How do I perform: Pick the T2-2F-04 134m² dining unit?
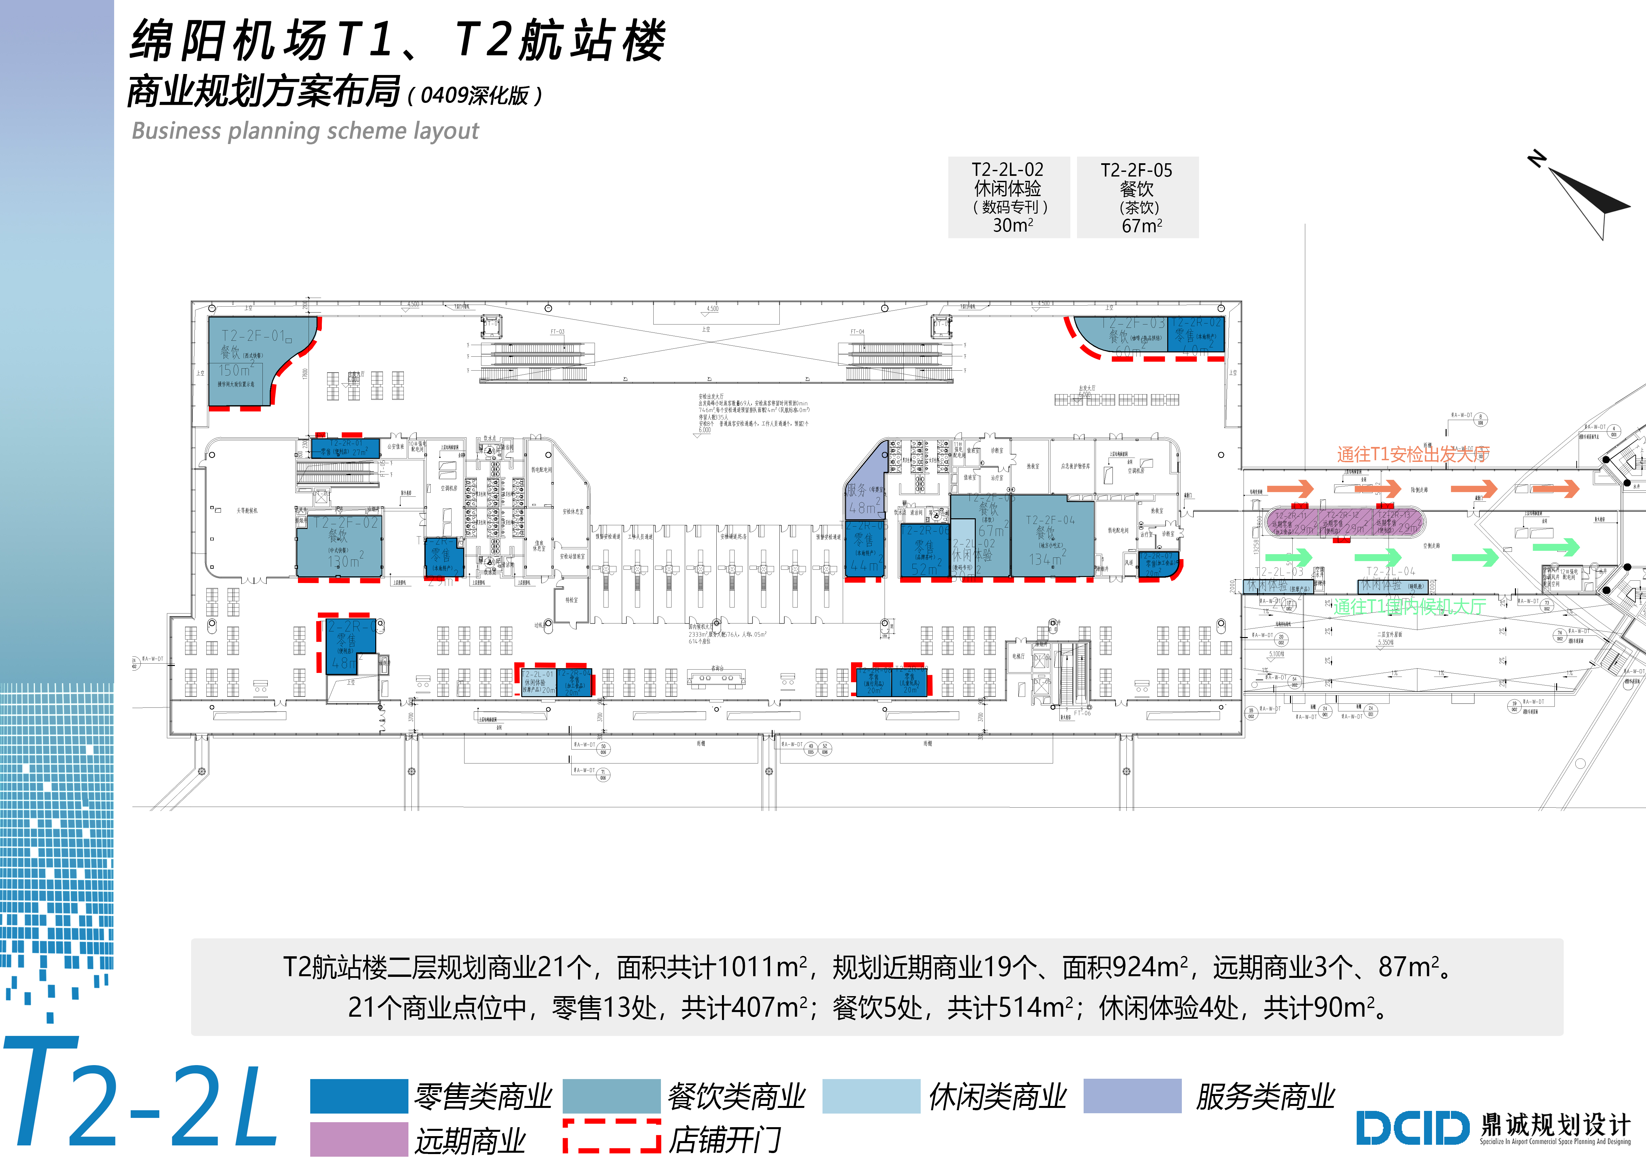point(1052,538)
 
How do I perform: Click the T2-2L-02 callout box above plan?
point(1009,197)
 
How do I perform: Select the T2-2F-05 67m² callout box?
point(1138,197)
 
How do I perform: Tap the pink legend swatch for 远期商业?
point(358,1139)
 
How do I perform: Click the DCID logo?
point(1412,1128)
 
